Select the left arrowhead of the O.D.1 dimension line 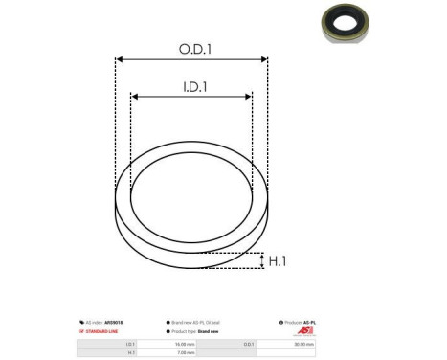click(120, 60)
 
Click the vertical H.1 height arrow click(261, 260)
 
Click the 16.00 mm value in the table click(185, 342)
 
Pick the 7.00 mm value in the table click(185, 351)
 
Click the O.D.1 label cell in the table click(248, 342)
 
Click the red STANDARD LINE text click(100, 330)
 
